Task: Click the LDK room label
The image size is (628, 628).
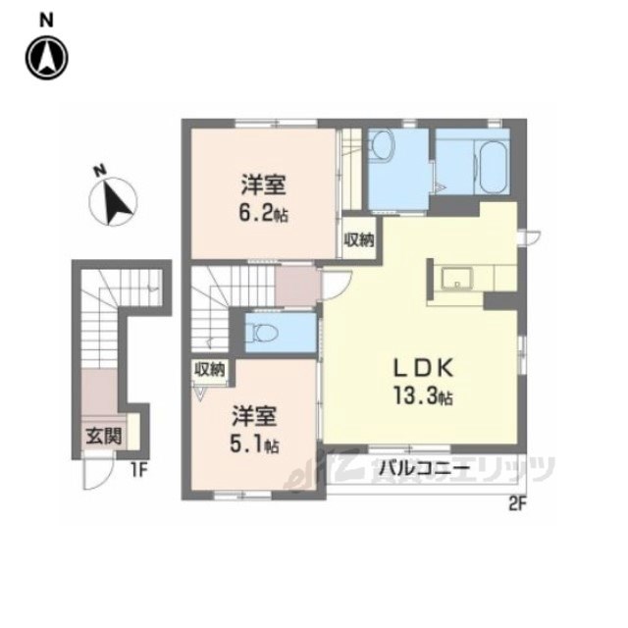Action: point(423,369)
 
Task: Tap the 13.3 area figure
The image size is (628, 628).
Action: point(423,396)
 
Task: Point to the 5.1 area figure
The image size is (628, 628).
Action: point(254,444)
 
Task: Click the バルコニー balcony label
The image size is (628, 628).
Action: point(424,467)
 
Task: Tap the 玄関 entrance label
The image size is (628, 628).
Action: point(104,436)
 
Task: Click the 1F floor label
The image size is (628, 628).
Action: point(139,471)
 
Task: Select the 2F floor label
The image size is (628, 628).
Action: point(517,505)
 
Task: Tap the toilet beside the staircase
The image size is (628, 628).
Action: point(262,333)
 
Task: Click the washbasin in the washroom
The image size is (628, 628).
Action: point(383,145)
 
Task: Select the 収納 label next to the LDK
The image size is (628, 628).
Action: point(359,239)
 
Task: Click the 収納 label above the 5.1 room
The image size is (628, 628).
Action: point(209,369)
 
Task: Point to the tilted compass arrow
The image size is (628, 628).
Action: point(116,203)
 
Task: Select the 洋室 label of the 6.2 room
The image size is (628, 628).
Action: point(263,185)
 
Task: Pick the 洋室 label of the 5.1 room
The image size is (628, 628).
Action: point(254,416)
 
